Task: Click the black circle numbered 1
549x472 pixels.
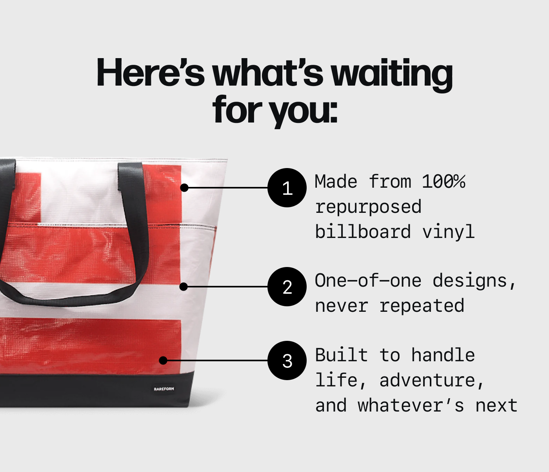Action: (x=287, y=188)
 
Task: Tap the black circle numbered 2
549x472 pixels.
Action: (x=287, y=287)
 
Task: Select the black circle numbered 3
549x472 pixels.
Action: (x=287, y=360)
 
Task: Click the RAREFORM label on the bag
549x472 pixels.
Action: (x=164, y=389)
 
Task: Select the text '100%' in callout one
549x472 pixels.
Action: (x=443, y=182)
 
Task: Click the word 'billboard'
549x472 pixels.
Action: (x=363, y=232)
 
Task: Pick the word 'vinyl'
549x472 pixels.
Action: (x=448, y=232)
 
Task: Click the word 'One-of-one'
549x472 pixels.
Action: (x=368, y=281)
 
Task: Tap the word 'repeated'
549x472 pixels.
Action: (x=422, y=306)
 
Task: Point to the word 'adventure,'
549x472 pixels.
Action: (x=432, y=381)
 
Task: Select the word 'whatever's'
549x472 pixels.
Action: (x=411, y=406)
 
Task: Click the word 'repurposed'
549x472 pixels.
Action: (x=368, y=207)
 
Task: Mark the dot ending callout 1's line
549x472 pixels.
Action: (x=184, y=188)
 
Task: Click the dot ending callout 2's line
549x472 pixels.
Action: (x=184, y=287)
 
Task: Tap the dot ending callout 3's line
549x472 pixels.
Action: (x=164, y=360)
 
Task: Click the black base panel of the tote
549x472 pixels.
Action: (x=78, y=391)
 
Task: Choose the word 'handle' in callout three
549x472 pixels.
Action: (x=443, y=355)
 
